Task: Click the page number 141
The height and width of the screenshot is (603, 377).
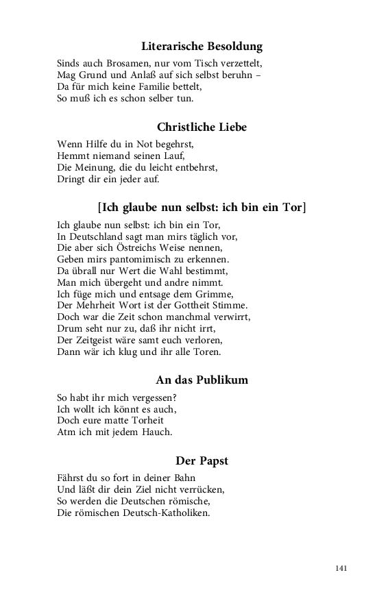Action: pos(342,568)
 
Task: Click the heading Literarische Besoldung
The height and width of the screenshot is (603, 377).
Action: pos(202,47)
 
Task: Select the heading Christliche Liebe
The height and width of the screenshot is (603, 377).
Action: pos(202,127)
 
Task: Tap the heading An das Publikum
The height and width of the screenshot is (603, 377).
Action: pos(202,380)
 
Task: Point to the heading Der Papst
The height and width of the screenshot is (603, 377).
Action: pos(202,460)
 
